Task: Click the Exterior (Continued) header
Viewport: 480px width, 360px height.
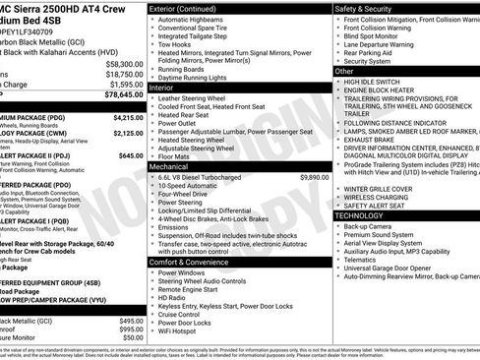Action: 191,8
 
